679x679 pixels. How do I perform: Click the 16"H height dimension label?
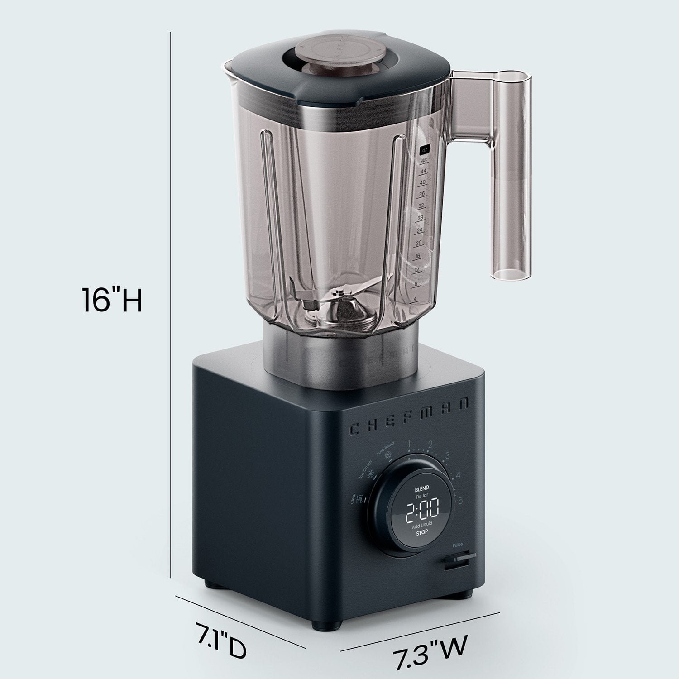point(112,300)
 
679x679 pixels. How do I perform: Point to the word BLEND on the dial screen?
point(421,489)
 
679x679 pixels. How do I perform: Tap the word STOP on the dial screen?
point(421,533)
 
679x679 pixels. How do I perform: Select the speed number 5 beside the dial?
point(460,501)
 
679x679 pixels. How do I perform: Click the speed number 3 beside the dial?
point(448,456)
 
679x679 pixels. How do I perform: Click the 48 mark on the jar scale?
point(424,161)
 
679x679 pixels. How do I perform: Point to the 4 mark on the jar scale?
point(415,299)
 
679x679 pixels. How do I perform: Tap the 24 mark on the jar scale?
point(419,230)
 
